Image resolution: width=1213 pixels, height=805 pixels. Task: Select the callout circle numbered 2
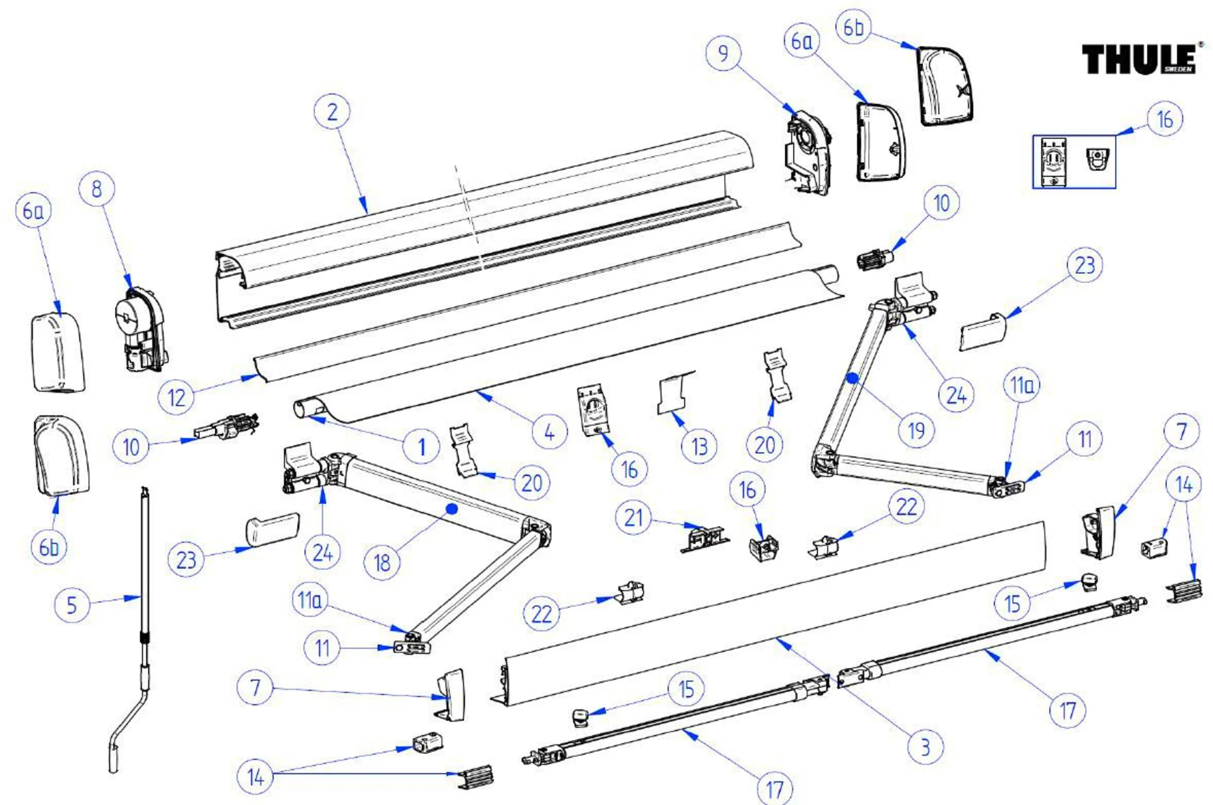[x=332, y=112]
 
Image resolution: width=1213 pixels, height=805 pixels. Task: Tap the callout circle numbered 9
[x=723, y=53]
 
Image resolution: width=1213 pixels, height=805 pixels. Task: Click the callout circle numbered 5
[x=71, y=605]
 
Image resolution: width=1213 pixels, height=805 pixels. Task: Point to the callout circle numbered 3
[x=925, y=747]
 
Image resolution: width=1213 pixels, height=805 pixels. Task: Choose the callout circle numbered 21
[x=633, y=518]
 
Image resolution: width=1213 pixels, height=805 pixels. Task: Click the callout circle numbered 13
[x=699, y=446]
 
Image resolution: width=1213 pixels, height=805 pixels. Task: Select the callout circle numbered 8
[x=97, y=188]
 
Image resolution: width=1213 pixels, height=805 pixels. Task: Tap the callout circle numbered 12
[x=176, y=397]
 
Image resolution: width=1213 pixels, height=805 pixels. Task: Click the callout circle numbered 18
[x=382, y=562]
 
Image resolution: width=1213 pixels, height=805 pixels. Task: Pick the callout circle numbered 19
[x=916, y=431]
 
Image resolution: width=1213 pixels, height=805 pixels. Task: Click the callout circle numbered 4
[x=549, y=432]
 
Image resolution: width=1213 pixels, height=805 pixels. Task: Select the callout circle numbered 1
[x=421, y=447]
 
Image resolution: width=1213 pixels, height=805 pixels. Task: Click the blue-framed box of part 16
[x=1073, y=162]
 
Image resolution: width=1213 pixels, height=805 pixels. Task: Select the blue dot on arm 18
[x=451, y=509]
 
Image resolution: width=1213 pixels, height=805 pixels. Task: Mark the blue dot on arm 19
[x=852, y=378]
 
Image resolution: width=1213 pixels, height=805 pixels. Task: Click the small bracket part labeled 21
[x=704, y=539]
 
